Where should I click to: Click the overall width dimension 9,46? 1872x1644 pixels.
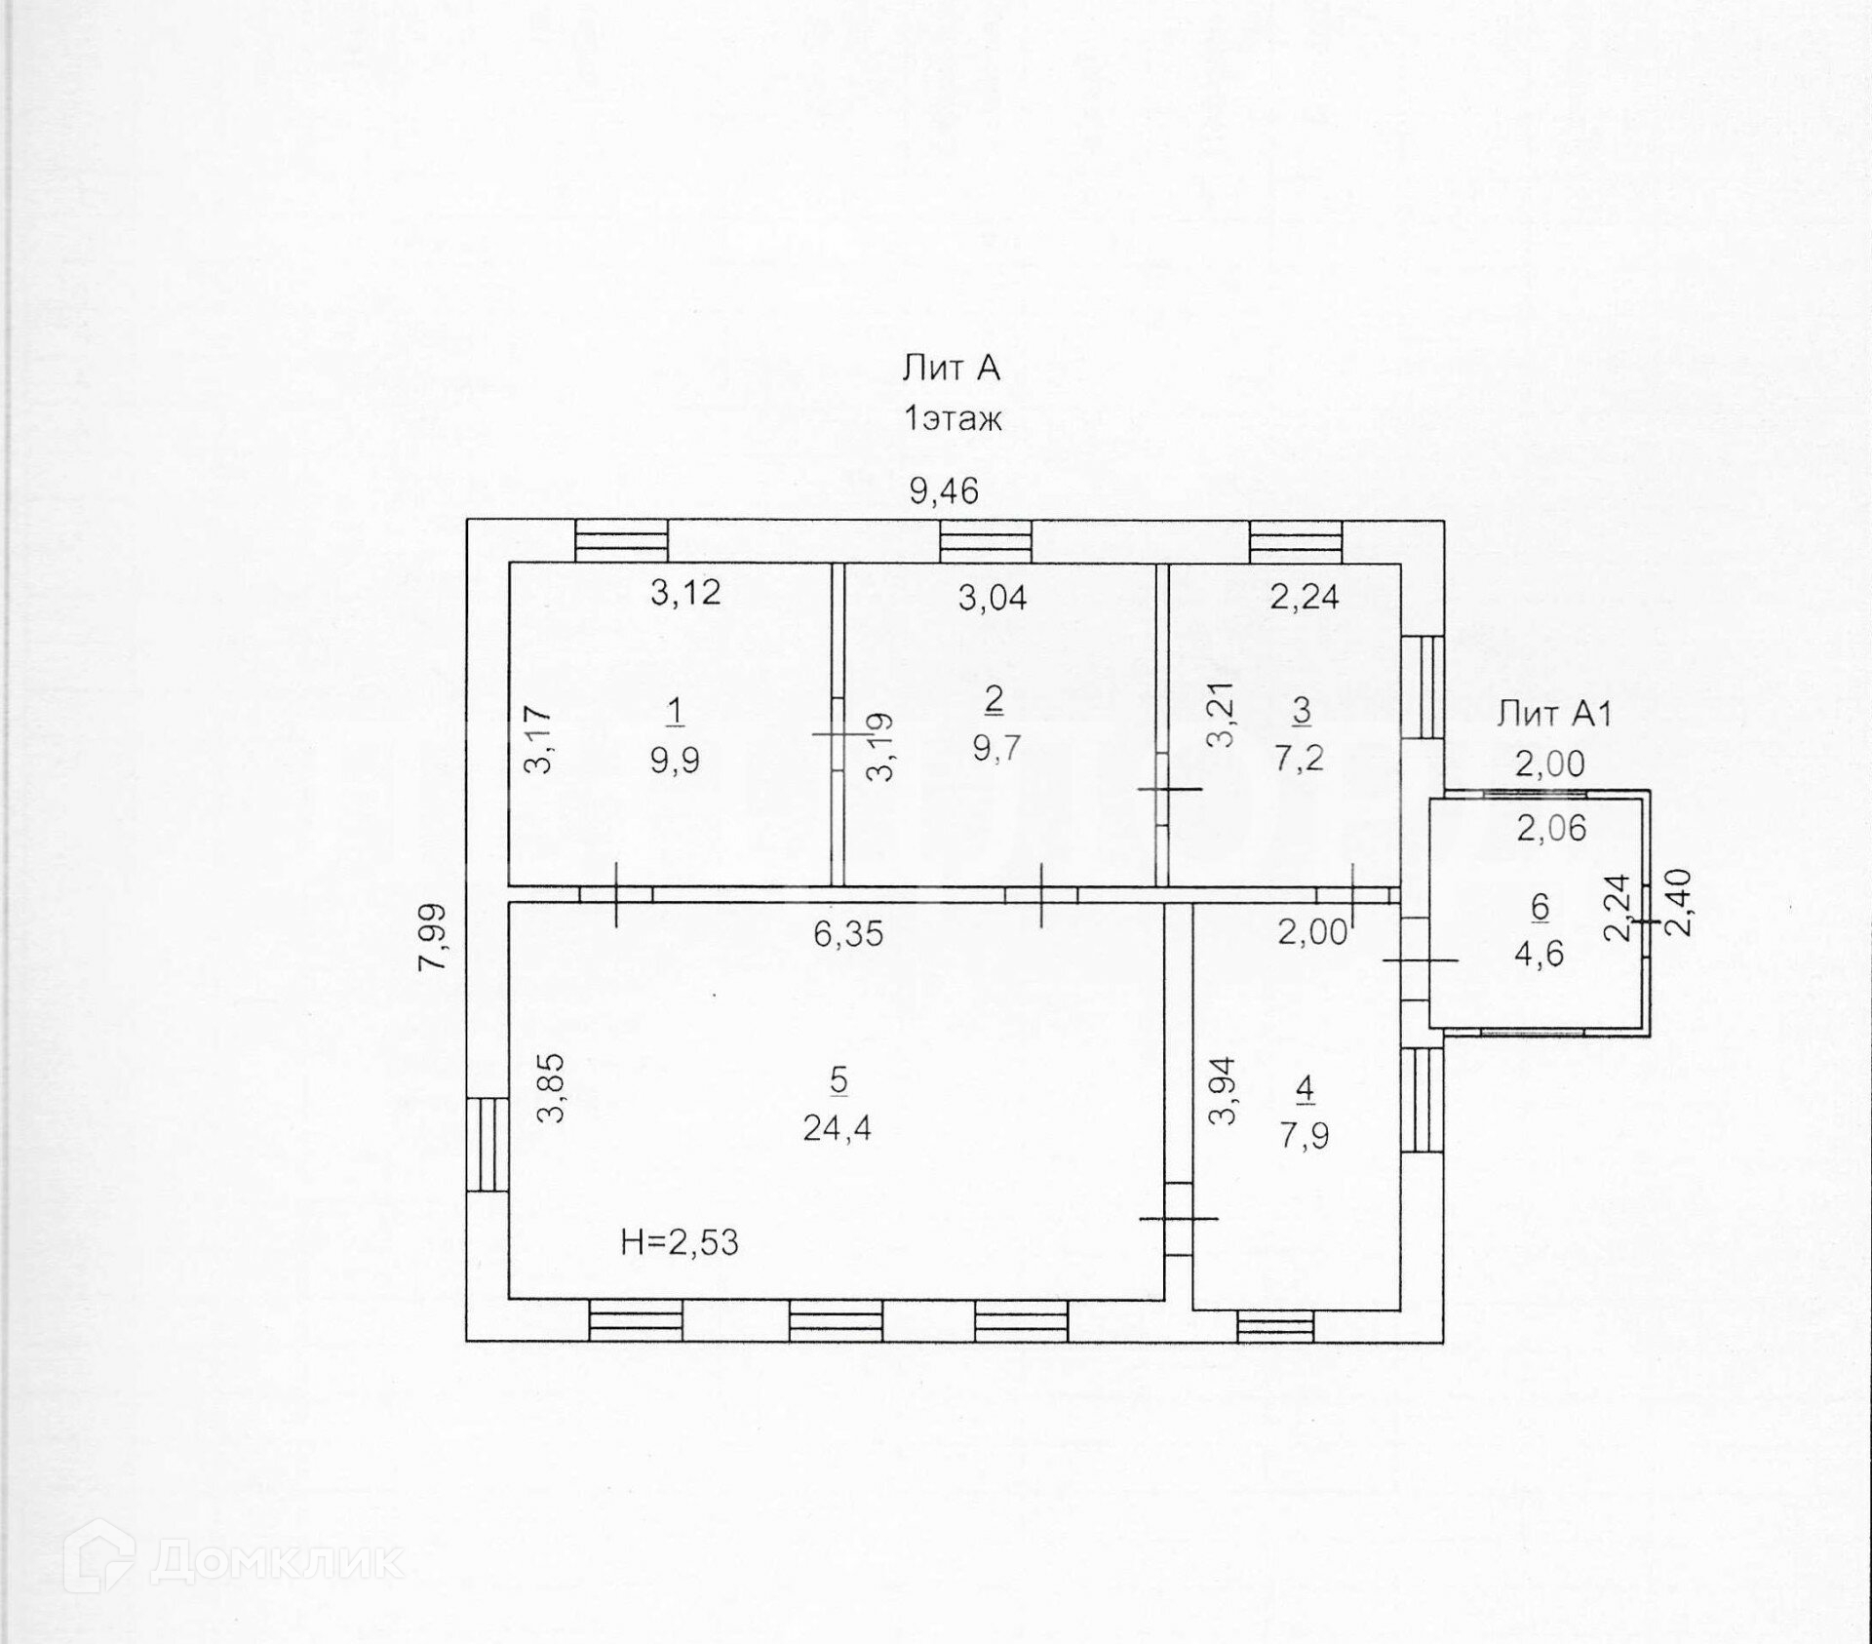[x=943, y=490]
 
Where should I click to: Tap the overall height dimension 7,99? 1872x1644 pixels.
[x=432, y=936]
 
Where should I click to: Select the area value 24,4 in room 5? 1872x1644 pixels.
[x=837, y=1128]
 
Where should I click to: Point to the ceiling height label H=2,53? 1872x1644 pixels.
[x=680, y=1242]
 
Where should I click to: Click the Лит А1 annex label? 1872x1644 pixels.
[x=1554, y=715]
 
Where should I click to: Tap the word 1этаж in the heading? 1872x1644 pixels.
[x=953, y=419]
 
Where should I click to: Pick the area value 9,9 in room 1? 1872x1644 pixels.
[x=675, y=760]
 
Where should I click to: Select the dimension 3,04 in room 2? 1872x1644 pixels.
[x=993, y=597]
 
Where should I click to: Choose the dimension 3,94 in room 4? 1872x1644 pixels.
[x=1223, y=1091]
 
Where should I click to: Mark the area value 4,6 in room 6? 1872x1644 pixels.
[x=1539, y=952]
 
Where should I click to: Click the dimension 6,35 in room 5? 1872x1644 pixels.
[x=848, y=934]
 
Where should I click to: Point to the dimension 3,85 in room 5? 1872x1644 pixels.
[x=552, y=1087]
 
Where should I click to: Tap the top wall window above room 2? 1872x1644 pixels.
[x=986, y=541]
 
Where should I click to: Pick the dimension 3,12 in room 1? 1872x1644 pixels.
[x=685, y=592]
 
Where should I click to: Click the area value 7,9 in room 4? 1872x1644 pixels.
[x=1305, y=1136]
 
